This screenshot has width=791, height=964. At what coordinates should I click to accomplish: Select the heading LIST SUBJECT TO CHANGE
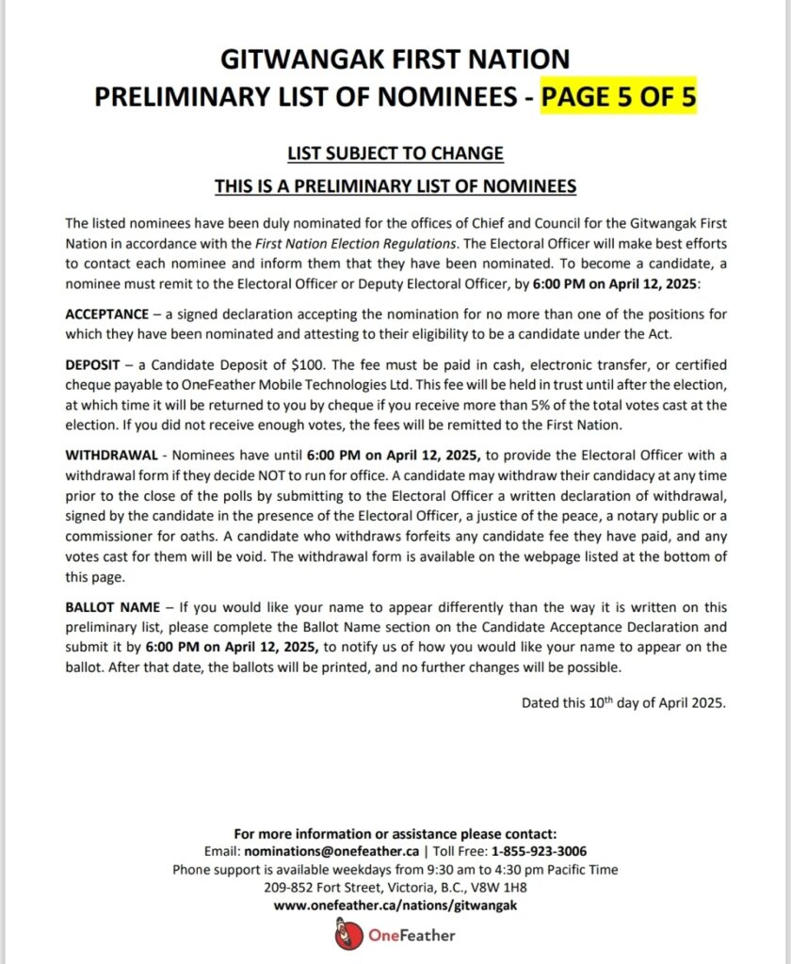(395, 153)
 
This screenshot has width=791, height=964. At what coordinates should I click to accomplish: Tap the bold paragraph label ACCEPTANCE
(106, 313)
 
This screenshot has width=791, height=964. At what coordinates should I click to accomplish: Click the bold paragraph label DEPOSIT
(91, 364)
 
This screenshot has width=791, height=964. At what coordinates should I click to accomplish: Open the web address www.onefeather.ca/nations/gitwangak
(395, 905)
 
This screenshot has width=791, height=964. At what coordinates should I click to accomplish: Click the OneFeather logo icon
(346, 936)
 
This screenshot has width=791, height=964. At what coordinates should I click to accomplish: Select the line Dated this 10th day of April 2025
(623, 702)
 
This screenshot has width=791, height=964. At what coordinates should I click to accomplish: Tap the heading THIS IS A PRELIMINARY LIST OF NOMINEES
(395, 186)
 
